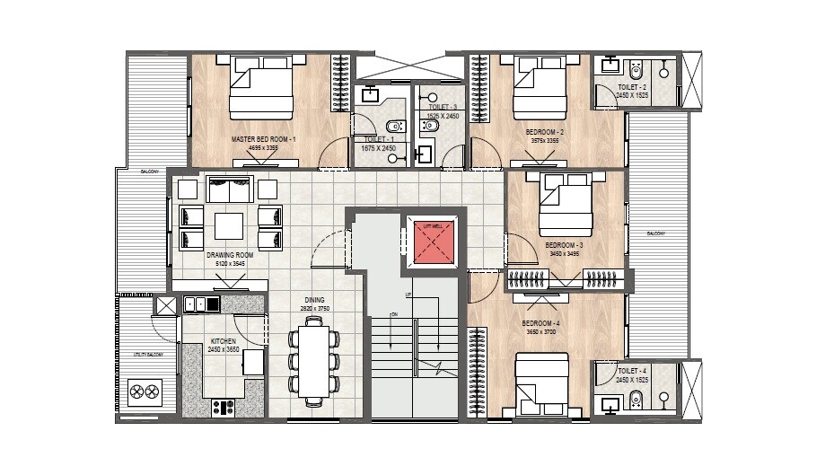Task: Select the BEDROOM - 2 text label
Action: tap(544, 132)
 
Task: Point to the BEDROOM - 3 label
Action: tap(565, 245)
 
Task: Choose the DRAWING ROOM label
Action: tap(230, 255)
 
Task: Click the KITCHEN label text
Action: tap(224, 342)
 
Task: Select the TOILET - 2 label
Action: tap(632, 86)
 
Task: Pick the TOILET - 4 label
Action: tap(632, 370)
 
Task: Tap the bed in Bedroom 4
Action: tap(542, 383)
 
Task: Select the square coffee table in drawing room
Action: tap(228, 224)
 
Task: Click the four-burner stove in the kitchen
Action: tap(222, 406)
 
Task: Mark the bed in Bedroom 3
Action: tap(566, 204)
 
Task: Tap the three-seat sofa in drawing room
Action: tap(229, 189)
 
